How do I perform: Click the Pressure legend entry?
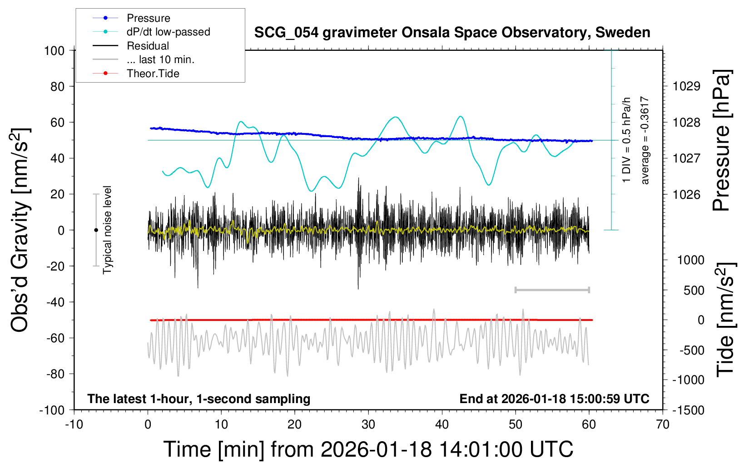(x=148, y=18)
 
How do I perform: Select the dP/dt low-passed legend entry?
(x=168, y=32)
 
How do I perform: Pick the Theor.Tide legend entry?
(x=153, y=74)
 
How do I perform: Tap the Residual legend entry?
(x=148, y=46)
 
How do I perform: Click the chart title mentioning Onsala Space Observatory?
(x=452, y=33)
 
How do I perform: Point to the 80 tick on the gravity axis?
(x=58, y=86)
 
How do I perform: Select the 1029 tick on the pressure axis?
(x=686, y=86)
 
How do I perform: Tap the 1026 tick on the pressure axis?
(x=686, y=194)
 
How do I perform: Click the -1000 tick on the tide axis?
(x=689, y=380)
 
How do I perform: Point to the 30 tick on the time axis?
(x=368, y=425)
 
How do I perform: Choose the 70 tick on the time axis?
(x=663, y=425)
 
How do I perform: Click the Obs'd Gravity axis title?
(x=20, y=230)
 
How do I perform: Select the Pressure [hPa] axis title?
(x=722, y=141)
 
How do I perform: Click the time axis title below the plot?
(x=368, y=449)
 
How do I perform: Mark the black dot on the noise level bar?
(x=96, y=230)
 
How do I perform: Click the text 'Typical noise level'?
(x=107, y=230)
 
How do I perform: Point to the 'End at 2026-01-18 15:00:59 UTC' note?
(x=554, y=399)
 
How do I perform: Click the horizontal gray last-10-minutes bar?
(x=552, y=290)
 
